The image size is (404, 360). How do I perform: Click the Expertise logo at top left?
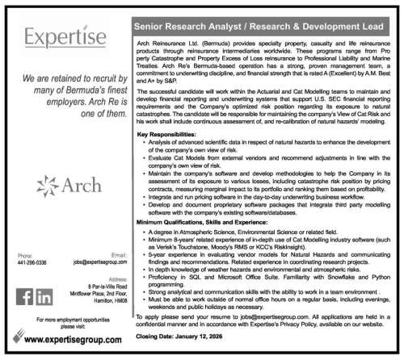coord(65,38)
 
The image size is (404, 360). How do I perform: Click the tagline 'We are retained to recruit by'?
coord(65,81)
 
